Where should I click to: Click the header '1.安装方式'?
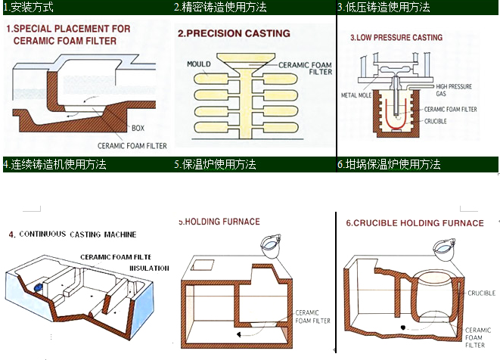tap(28, 8)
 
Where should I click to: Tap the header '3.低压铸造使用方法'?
tap(384, 8)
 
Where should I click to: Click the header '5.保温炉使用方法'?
tap(215, 164)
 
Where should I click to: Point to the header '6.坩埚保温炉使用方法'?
tap(389, 164)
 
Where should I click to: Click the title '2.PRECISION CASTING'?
tap(234, 34)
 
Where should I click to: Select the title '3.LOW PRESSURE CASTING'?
tap(396, 37)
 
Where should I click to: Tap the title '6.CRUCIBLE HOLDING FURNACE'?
tap(415, 223)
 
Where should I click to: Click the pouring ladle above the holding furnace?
tap(271, 245)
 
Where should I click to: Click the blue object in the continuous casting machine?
tap(36, 286)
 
